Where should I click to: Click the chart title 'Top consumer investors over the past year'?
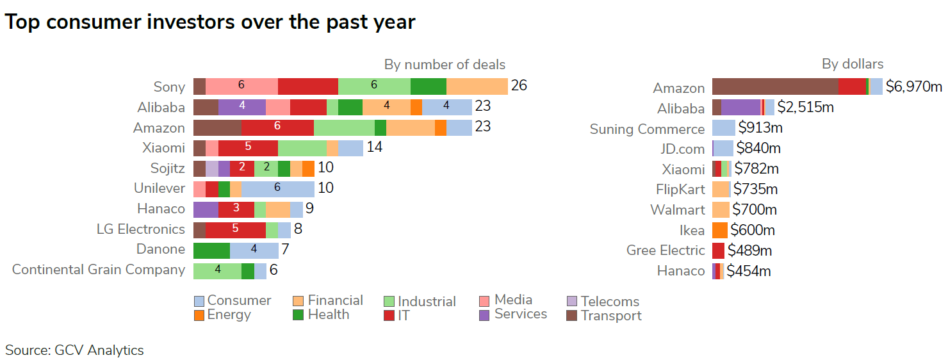pos(210,22)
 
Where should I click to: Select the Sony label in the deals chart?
pos(169,87)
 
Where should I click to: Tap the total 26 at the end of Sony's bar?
pos(519,86)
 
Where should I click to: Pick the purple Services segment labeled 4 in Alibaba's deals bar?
pos(242,107)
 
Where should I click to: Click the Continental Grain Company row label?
pos(99,270)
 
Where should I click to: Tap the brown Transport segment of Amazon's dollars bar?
pos(775,86)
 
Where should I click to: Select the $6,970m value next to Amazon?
pos(913,86)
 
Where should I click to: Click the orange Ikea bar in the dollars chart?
pos(719,230)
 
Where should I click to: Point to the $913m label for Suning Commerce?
pos(760,128)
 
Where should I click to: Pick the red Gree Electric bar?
pos(718,250)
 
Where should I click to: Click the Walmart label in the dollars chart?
pos(677,210)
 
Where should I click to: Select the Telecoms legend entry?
pos(603,301)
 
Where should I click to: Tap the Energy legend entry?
pos(222,315)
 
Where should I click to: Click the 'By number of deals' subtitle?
pos(445,65)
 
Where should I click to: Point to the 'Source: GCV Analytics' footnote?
pos(74,350)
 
